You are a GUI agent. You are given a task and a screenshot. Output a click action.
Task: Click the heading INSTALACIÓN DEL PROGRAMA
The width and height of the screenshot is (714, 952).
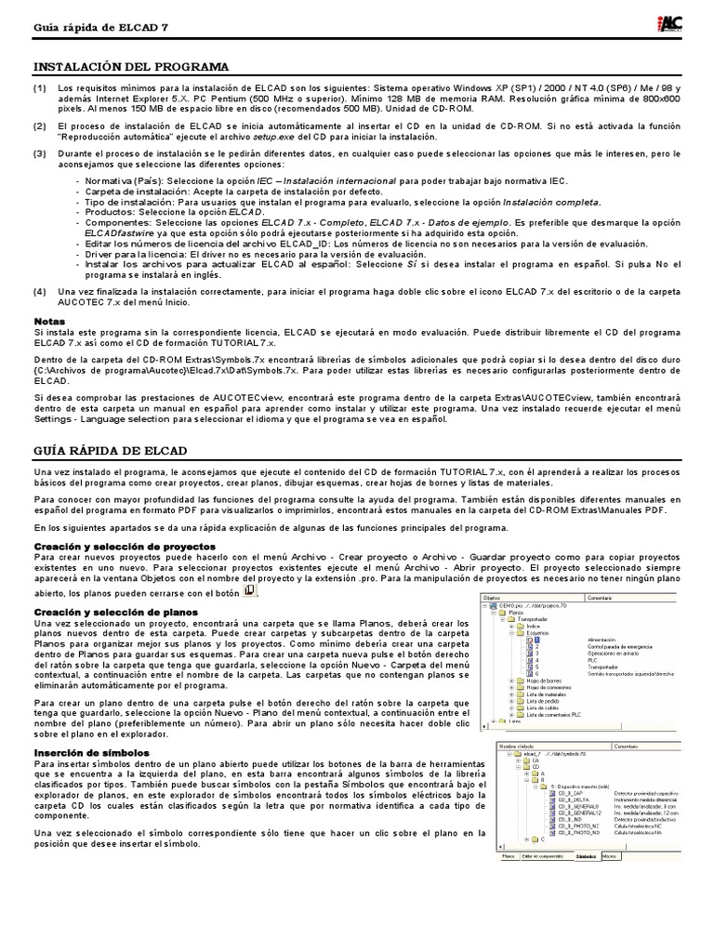pyautogui.click(x=130, y=67)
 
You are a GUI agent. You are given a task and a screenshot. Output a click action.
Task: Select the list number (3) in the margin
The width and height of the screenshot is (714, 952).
pyautogui.click(x=40, y=153)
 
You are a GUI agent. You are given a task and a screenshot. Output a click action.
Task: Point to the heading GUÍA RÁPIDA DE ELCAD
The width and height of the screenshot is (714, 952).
pyautogui.click(x=111, y=450)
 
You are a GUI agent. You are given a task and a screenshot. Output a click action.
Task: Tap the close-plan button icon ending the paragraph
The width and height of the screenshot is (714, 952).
pyautogui.click(x=248, y=591)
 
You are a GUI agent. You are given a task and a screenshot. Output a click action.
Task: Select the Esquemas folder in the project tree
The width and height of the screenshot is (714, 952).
pyautogui.click(x=532, y=632)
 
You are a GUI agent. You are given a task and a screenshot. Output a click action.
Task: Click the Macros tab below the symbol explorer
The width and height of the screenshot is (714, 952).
pyautogui.click(x=609, y=854)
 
